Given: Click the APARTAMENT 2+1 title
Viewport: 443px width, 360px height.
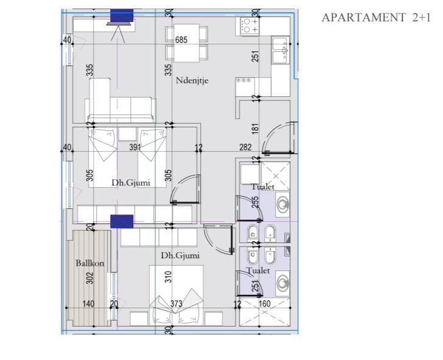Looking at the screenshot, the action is [376, 18].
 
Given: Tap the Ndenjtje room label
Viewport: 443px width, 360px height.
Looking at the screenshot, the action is [192, 80].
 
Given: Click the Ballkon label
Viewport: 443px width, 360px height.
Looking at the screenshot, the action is [89, 263].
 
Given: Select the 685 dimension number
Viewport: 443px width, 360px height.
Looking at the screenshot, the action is [181, 40].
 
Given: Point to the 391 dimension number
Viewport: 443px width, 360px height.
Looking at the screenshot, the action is [135, 147].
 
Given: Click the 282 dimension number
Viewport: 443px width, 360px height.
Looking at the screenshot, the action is [245, 147].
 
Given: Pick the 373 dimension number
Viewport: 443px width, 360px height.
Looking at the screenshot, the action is [176, 304].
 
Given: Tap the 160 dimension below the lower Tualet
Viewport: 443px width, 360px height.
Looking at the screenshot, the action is [265, 304].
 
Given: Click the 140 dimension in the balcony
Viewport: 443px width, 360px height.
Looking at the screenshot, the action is [88, 304].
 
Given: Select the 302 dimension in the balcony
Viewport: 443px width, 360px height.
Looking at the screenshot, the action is [89, 278].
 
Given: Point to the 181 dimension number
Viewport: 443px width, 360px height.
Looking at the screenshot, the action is [255, 129].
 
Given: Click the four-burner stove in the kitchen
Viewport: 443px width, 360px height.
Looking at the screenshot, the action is [249, 26].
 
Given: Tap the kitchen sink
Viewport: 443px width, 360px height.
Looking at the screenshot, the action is [281, 50].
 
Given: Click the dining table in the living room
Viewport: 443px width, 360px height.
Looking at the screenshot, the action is [187, 43].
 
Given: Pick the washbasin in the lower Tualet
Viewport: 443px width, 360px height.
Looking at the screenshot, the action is [282, 283].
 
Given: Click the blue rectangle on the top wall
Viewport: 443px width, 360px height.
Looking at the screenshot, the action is [122, 16].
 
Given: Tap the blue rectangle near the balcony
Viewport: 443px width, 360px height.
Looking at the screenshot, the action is [122, 222].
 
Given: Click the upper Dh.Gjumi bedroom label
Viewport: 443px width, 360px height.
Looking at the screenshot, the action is [131, 183].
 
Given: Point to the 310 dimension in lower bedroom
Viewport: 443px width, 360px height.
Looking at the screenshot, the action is [168, 277].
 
